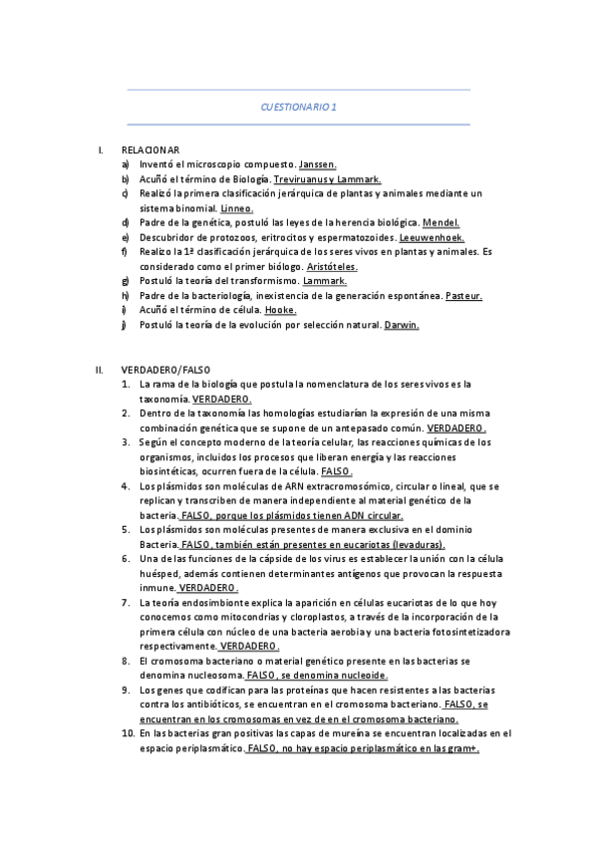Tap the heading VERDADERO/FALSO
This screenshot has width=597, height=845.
coord(165,370)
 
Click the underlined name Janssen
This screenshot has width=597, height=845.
coord(318,163)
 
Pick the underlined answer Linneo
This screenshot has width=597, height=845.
coord(236,208)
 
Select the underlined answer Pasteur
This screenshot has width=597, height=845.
coord(463,296)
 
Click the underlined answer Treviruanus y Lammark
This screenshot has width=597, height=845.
coord(328,178)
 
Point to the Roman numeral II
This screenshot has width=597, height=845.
coord(99,370)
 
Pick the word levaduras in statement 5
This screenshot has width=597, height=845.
coord(419,545)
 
